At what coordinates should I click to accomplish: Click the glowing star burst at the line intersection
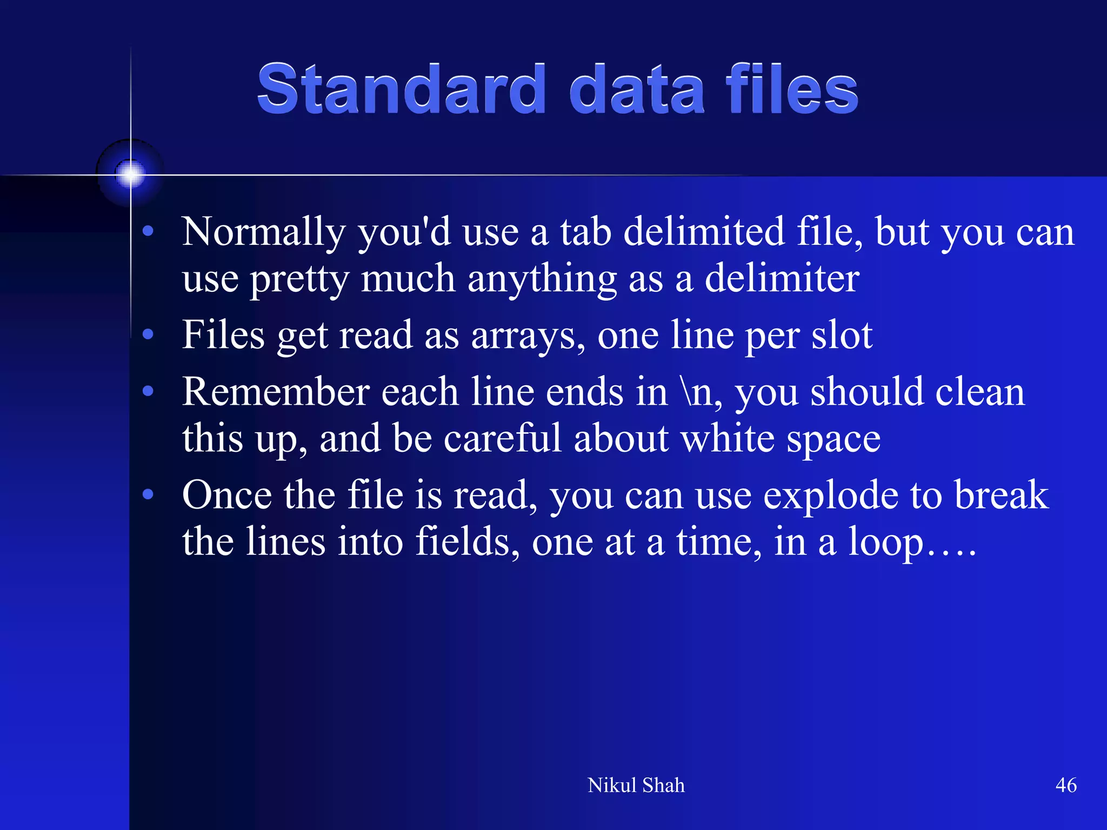pos(130,174)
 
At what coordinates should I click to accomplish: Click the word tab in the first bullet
pos(585,232)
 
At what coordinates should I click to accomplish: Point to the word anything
pos(542,279)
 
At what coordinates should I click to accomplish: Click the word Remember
pos(276,392)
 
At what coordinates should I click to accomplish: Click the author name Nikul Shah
pos(636,785)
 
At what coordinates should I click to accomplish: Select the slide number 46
pos(1065,785)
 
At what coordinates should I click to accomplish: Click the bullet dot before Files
pos(148,335)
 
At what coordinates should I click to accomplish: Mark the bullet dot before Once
pos(148,494)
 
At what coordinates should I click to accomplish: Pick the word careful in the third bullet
pos(503,438)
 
